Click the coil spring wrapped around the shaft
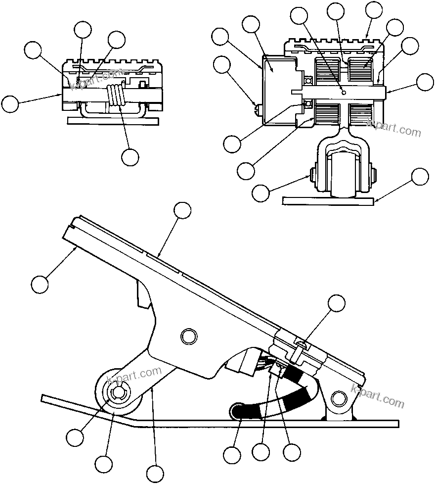click(117, 95)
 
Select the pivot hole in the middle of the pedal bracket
click(188, 337)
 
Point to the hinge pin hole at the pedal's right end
click(339, 397)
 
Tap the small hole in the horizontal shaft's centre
click(344, 92)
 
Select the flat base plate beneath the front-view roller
click(326, 200)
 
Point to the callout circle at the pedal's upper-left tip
click(40, 284)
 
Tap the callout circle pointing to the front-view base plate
click(420, 177)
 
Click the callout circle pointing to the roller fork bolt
click(261, 193)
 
